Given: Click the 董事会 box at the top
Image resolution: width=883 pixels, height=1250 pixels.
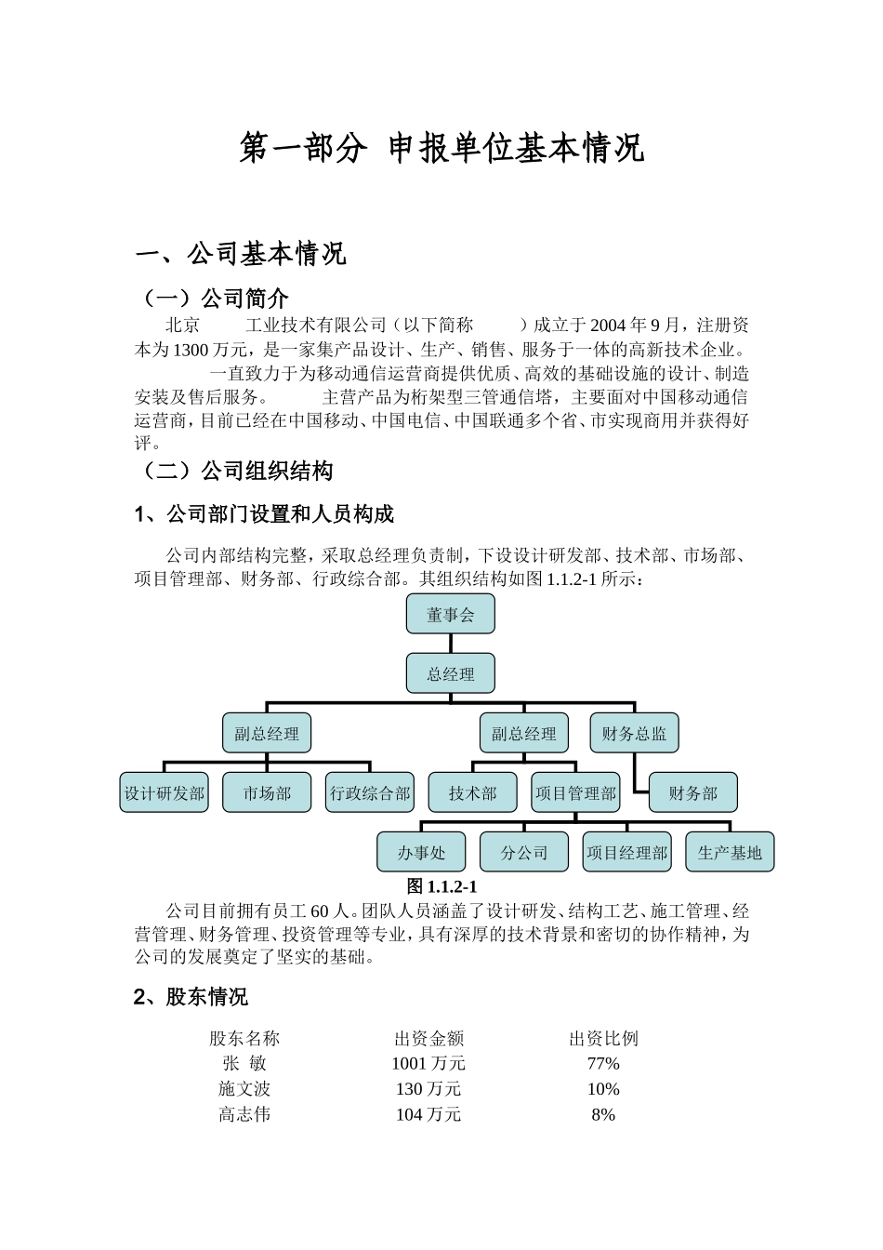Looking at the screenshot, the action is click(450, 614).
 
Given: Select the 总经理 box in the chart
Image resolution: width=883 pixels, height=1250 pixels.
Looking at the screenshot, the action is click(450, 673).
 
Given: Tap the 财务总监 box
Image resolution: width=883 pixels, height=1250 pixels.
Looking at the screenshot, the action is click(634, 733).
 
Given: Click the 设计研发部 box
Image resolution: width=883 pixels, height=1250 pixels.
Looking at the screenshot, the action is click(165, 792).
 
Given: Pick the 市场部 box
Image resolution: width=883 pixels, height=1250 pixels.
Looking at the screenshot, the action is click(267, 792).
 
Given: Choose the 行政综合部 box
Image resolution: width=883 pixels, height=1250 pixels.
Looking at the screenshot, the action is click(370, 792).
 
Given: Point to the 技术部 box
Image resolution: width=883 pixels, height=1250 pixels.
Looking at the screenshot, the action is click(472, 792).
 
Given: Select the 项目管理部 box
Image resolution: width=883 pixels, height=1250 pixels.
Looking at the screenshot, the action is click(575, 792).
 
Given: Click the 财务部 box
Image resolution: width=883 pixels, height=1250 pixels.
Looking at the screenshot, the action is click(692, 792).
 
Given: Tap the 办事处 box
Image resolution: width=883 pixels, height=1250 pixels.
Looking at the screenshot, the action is click(421, 852).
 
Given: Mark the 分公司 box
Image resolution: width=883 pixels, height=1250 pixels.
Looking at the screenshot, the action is click(524, 852).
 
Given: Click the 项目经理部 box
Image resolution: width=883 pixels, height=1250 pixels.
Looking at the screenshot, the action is click(626, 852).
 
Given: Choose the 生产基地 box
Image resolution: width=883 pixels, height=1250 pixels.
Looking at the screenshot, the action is click(730, 852).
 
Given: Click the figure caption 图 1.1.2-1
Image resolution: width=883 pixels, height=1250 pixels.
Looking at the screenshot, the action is click(441, 886).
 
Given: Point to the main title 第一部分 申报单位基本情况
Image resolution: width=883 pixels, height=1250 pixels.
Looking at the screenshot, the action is click(441, 148).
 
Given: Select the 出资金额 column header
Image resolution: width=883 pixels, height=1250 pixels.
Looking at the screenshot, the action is click(428, 1038).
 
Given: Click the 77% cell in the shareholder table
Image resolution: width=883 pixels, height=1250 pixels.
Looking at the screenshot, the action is click(603, 1063).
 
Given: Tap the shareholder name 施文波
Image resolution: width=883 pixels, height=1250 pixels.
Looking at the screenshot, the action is click(244, 1088).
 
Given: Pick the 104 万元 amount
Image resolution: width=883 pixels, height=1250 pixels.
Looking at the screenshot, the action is click(428, 1114).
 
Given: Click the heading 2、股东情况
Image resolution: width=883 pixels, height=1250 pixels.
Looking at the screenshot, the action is click(191, 997).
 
